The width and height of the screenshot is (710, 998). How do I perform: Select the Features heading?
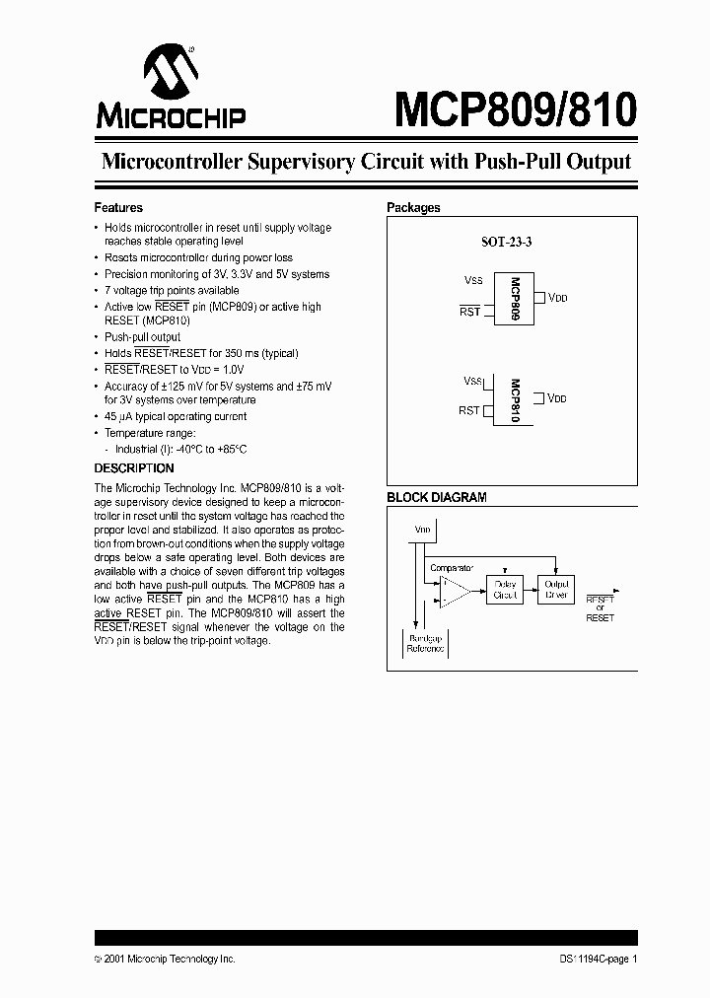tap(118, 208)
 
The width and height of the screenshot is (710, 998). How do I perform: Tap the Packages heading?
tap(413, 208)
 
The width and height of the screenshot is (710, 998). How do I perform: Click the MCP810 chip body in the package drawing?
tap(514, 398)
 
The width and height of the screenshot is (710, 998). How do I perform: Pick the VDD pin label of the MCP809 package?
tap(557, 298)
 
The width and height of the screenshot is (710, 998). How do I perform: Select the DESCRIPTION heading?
tap(134, 468)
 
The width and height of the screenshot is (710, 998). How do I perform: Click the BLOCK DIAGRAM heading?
tap(436, 498)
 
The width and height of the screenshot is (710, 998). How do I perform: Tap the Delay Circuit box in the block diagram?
tap(504, 591)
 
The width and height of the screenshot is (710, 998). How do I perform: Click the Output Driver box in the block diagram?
tap(556, 590)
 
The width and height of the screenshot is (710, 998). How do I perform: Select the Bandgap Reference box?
tap(427, 645)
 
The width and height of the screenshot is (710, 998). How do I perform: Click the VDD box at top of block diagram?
tap(423, 531)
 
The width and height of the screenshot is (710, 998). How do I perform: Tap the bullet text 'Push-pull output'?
tap(143, 337)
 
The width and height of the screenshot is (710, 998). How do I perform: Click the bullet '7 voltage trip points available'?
tap(172, 291)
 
